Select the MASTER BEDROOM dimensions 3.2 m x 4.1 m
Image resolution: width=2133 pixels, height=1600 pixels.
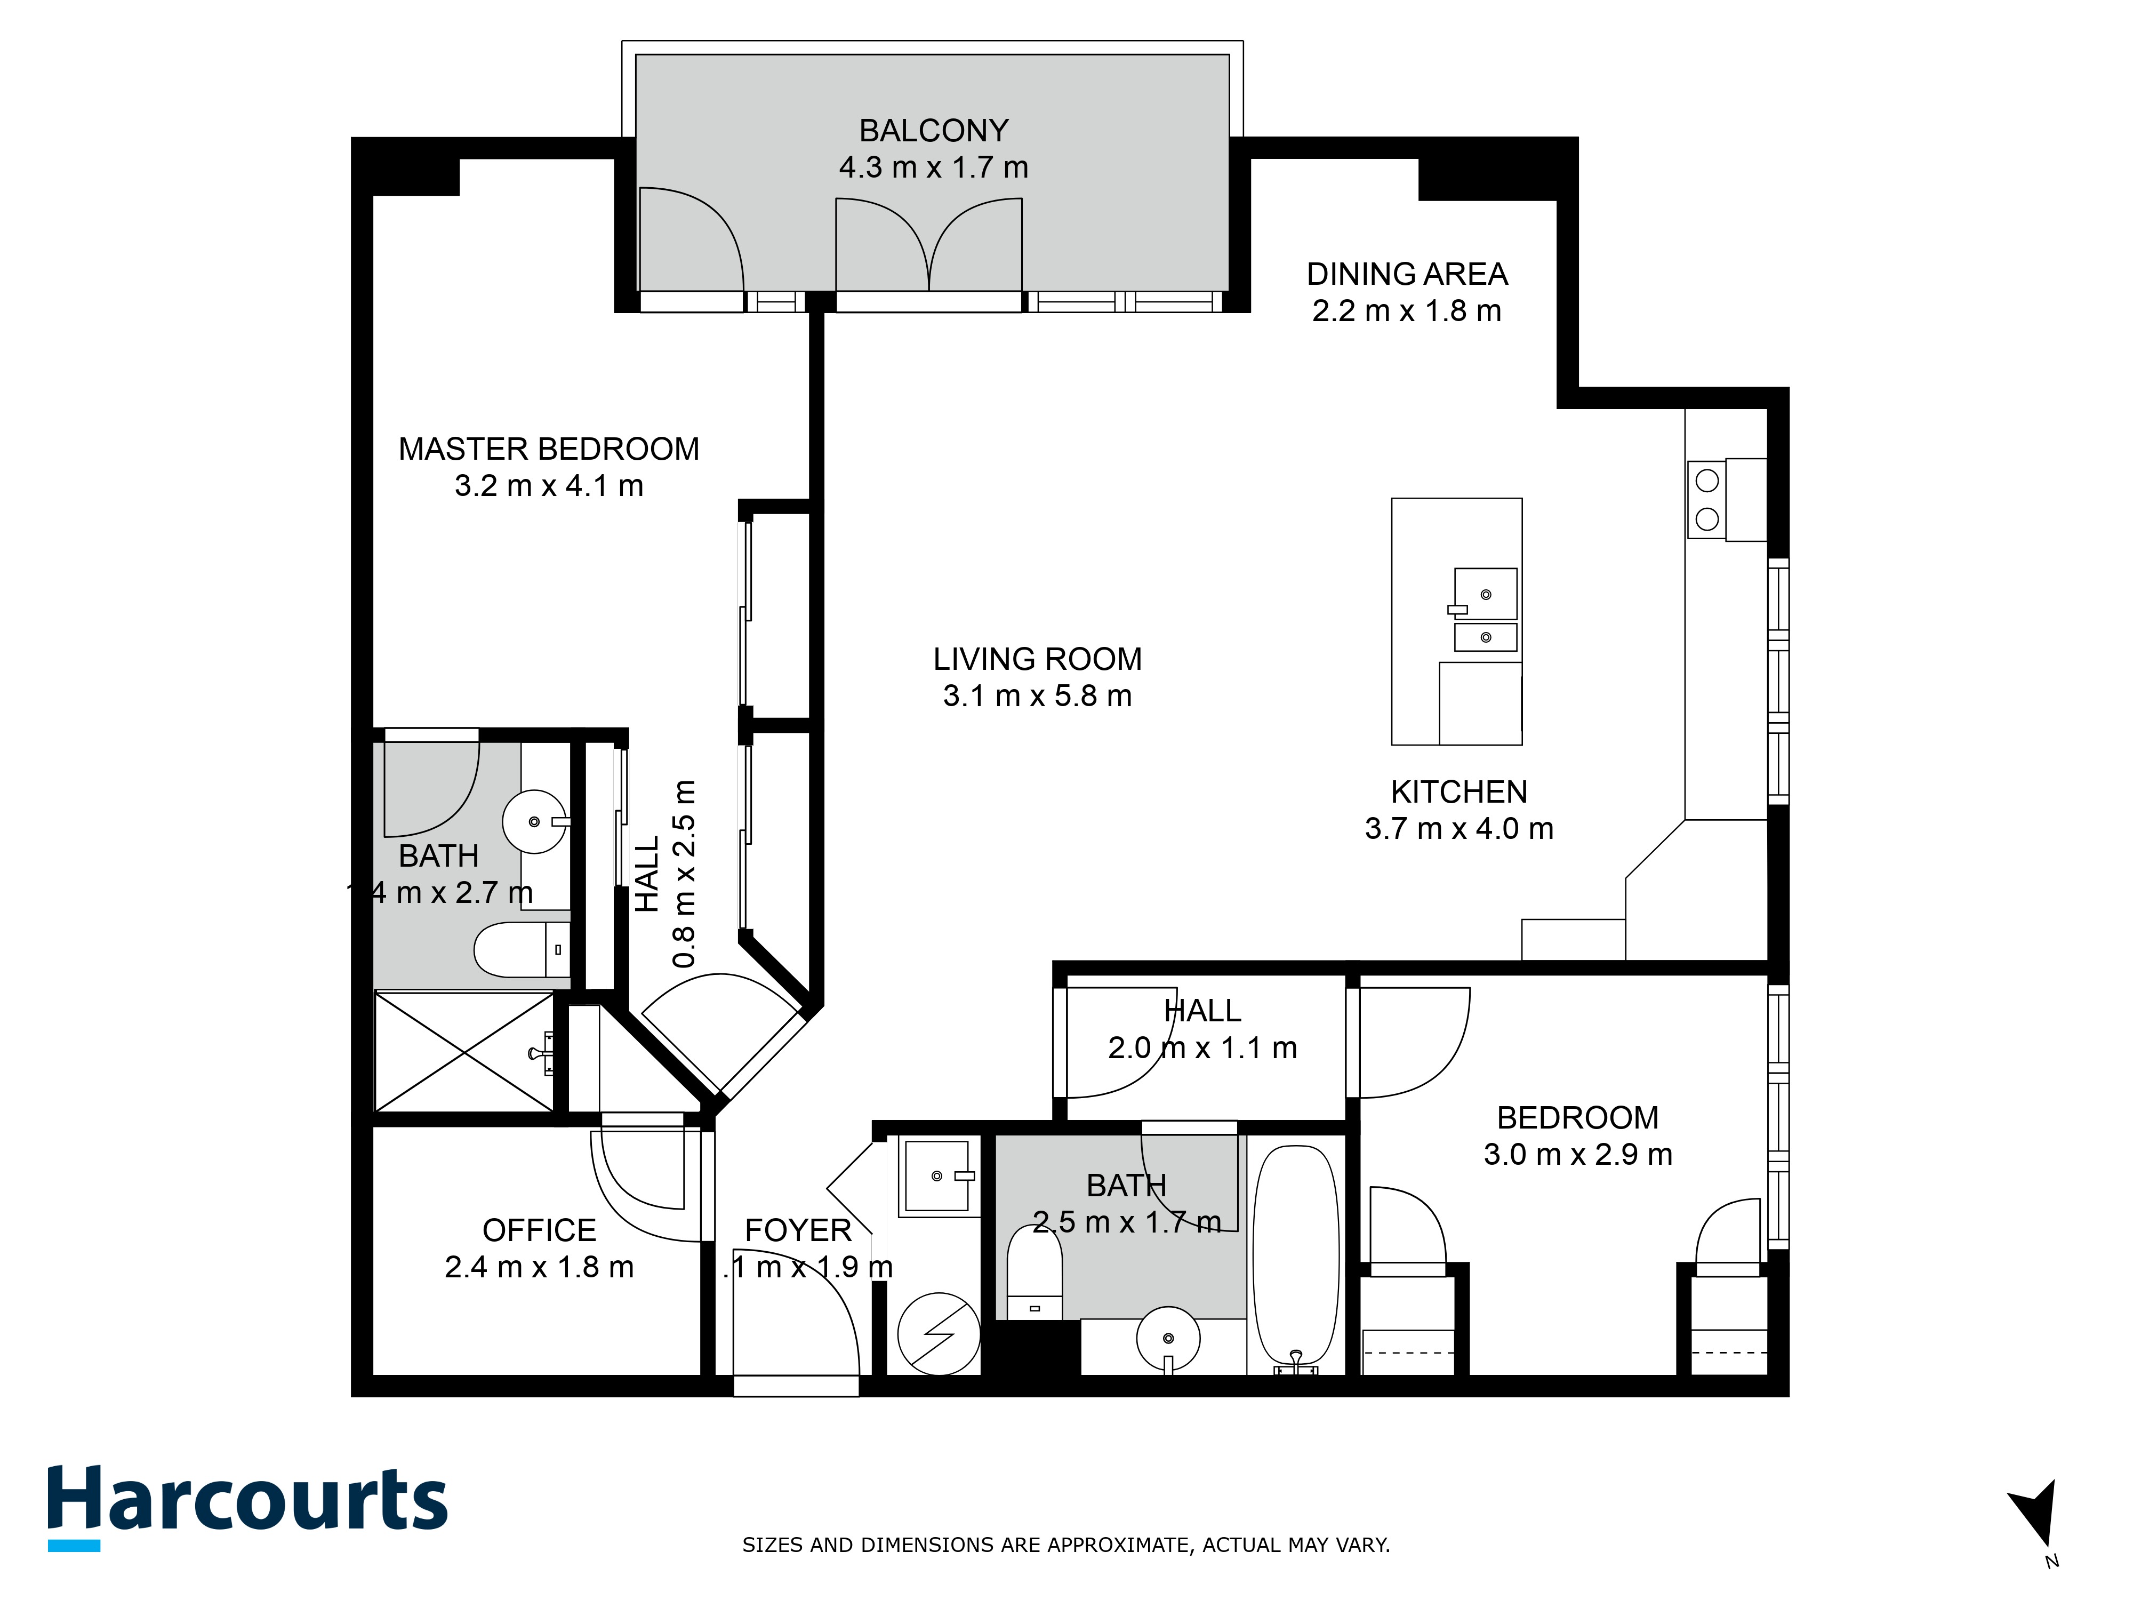(x=549, y=486)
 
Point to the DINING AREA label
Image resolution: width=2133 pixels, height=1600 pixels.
(x=1406, y=275)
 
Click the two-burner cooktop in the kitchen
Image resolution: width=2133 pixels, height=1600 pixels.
(x=1706, y=500)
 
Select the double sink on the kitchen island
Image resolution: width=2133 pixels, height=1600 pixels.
(x=1485, y=610)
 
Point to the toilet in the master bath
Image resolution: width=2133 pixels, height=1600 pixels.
(x=520, y=950)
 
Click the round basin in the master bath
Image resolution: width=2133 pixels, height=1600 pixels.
(x=534, y=822)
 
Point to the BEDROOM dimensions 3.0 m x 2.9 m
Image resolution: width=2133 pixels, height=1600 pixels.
(x=1577, y=1155)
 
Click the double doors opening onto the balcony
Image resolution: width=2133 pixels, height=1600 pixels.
(x=928, y=247)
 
